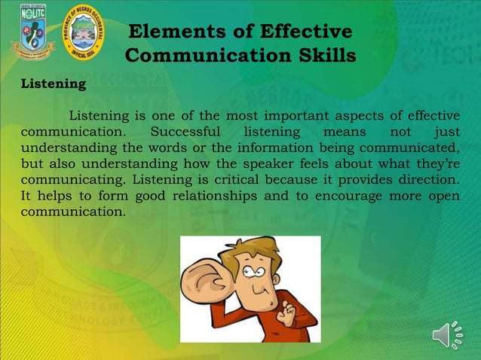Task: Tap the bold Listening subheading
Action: [x=53, y=84]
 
